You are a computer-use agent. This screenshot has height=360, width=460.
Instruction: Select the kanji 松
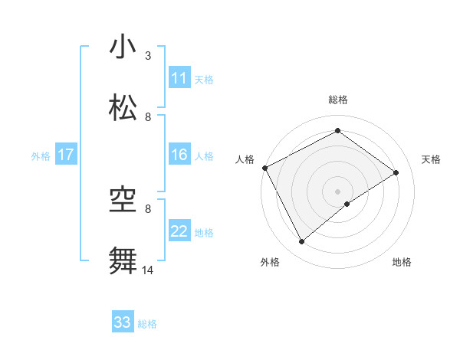[x=123, y=108]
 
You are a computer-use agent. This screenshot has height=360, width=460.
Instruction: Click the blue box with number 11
[x=179, y=78]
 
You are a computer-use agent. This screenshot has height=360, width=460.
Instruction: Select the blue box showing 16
[x=179, y=155]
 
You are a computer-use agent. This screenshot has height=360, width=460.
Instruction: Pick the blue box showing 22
[x=179, y=231]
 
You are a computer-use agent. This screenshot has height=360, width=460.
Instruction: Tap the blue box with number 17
[x=66, y=155]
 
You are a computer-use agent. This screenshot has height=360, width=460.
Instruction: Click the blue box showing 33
[x=123, y=322]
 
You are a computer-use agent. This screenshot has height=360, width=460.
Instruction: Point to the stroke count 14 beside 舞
[x=148, y=270]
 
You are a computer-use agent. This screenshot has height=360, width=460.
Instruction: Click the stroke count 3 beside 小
[x=148, y=56]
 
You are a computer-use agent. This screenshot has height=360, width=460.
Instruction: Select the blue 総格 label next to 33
[x=147, y=324]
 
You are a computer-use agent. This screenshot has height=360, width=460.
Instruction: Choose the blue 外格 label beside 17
[x=40, y=156]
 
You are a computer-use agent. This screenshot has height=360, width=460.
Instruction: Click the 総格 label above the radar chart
[x=337, y=100]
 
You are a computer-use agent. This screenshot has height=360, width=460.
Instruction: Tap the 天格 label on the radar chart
[x=431, y=159]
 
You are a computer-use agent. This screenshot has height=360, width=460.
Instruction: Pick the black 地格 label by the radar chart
[x=402, y=262]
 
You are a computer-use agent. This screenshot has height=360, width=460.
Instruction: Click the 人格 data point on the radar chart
[x=264, y=168]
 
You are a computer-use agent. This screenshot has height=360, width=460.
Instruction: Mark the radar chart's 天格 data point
[x=396, y=172]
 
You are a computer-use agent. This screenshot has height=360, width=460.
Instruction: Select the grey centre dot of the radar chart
[x=337, y=191]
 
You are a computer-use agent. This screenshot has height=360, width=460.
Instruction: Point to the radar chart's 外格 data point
[x=302, y=242]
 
